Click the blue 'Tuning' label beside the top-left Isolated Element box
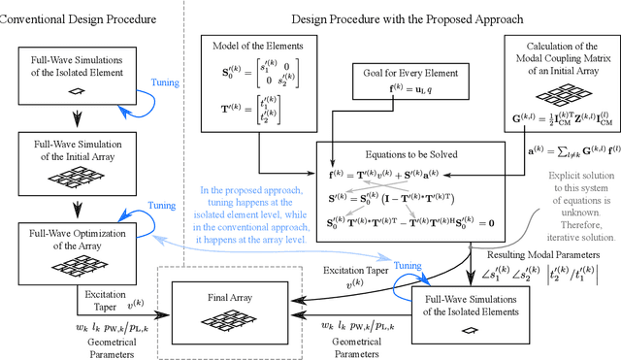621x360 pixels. tap(164, 82)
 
